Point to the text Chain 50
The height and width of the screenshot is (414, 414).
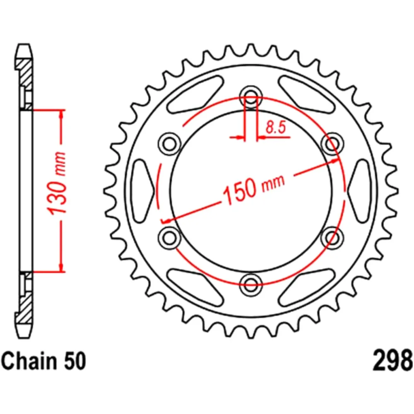(x=45, y=361)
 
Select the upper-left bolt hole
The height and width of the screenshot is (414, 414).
(x=169, y=143)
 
